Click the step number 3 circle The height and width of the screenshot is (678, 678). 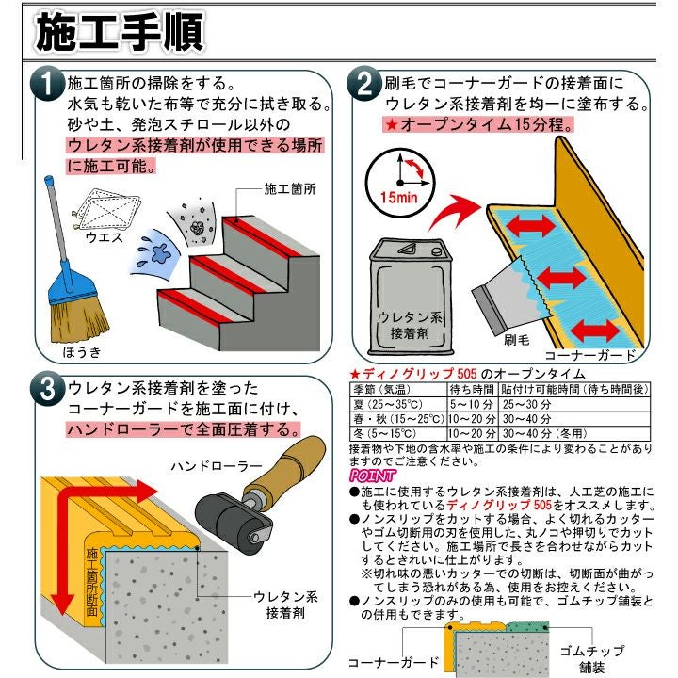(x=46, y=389)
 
